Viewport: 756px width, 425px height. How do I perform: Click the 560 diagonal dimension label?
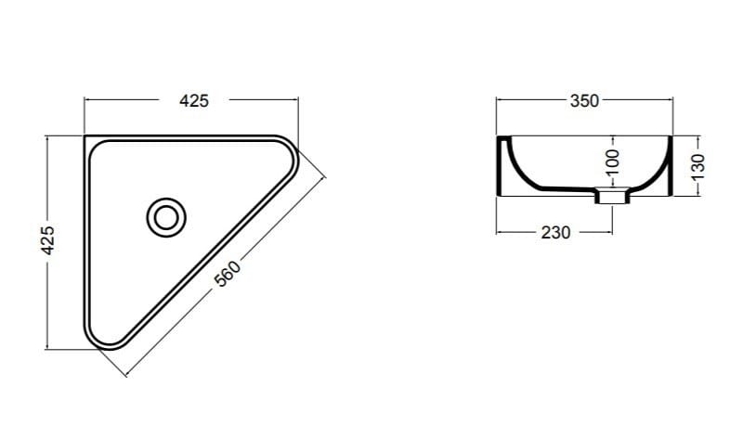pos(228,274)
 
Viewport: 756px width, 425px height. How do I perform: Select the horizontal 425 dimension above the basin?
pos(193,101)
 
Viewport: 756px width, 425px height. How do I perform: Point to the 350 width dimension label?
pos(584,101)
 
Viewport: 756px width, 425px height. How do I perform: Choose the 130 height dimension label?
pos(699,166)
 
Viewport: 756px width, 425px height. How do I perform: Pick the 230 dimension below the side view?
pos(554,232)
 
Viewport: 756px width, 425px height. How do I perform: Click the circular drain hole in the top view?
pos(166,216)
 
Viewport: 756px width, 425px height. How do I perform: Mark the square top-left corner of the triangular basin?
pos(85,137)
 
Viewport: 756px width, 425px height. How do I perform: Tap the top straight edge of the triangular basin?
pos(186,136)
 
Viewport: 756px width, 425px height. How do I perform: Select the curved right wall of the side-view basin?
pos(658,171)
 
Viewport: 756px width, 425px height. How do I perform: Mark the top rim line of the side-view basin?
pos(585,135)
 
